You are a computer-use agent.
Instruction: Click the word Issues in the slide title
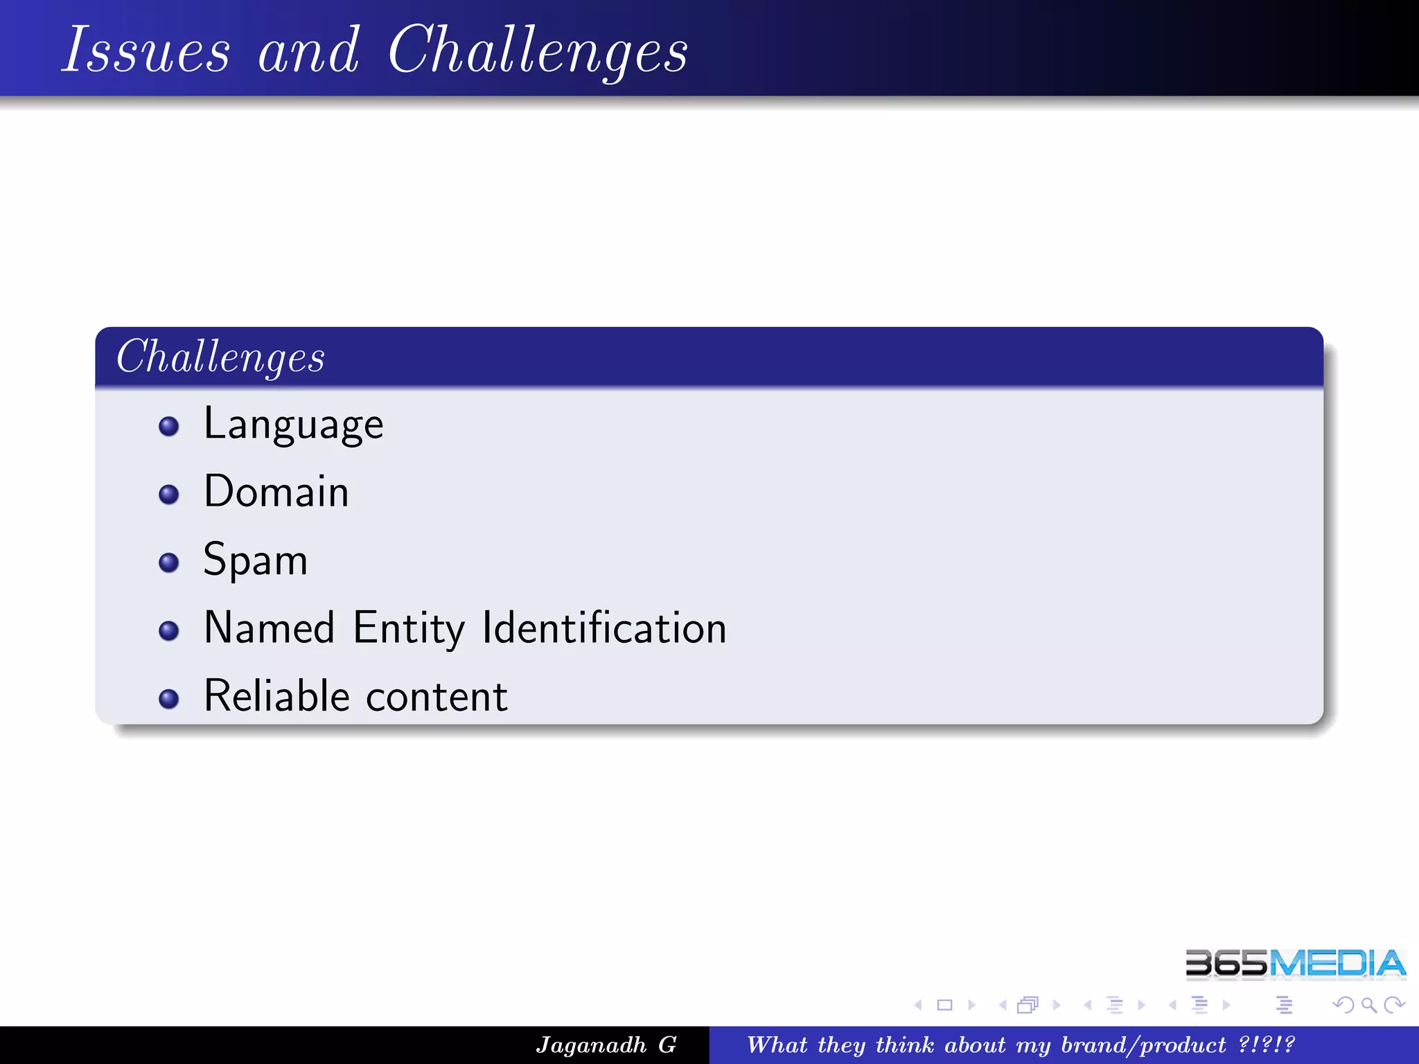click(x=146, y=50)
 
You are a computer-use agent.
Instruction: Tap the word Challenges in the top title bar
click(x=538, y=50)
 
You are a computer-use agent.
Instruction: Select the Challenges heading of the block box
click(x=220, y=357)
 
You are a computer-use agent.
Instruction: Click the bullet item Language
click(x=293, y=425)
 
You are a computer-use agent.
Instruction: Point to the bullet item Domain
click(x=276, y=492)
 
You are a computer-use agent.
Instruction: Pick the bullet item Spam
click(x=255, y=560)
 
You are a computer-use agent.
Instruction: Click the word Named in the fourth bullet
click(x=270, y=628)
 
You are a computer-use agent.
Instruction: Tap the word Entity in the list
click(x=409, y=628)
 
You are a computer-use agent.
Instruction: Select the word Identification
click(x=604, y=628)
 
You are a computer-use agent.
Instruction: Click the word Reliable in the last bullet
click(x=276, y=696)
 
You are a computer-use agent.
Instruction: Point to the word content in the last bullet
click(x=437, y=696)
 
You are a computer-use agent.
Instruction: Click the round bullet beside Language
click(x=168, y=426)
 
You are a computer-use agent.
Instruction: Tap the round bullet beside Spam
click(x=168, y=562)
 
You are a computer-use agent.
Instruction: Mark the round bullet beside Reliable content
click(x=168, y=698)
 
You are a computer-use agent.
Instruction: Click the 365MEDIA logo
click(x=1295, y=964)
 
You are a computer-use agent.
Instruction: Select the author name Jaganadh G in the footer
click(x=606, y=1045)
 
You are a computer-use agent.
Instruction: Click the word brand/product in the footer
click(x=1143, y=1045)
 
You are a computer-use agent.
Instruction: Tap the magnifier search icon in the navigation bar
click(x=1368, y=1004)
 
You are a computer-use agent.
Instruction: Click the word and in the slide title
click(x=308, y=50)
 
